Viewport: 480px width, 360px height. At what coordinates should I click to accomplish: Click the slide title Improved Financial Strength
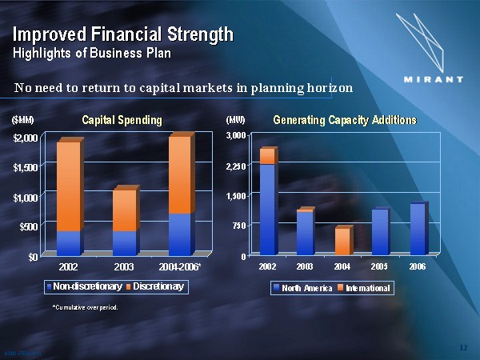coord(122,34)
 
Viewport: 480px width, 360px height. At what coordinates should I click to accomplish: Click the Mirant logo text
coord(433,80)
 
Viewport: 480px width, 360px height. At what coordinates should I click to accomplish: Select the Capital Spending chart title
coord(122,120)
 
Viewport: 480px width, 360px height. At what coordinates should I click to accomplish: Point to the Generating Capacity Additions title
coord(345,120)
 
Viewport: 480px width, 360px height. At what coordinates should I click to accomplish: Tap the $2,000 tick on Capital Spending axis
coord(25,138)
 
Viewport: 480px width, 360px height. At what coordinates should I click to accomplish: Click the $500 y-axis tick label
coord(27,226)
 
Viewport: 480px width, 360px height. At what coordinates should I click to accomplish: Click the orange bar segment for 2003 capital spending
coord(123,210)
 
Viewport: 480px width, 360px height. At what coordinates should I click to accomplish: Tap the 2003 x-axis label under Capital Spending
coord(124,266)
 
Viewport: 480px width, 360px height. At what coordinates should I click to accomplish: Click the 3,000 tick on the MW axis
coord(237,137)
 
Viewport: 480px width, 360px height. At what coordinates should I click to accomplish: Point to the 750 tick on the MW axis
coord(239,226)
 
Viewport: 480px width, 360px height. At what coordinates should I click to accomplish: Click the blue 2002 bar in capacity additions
coord(267,208)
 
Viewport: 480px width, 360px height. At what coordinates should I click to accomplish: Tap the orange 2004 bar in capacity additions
coord(342,241)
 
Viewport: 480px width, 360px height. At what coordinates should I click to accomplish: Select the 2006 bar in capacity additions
coord(417,229)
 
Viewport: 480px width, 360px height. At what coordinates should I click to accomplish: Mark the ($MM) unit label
coord(22,121)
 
